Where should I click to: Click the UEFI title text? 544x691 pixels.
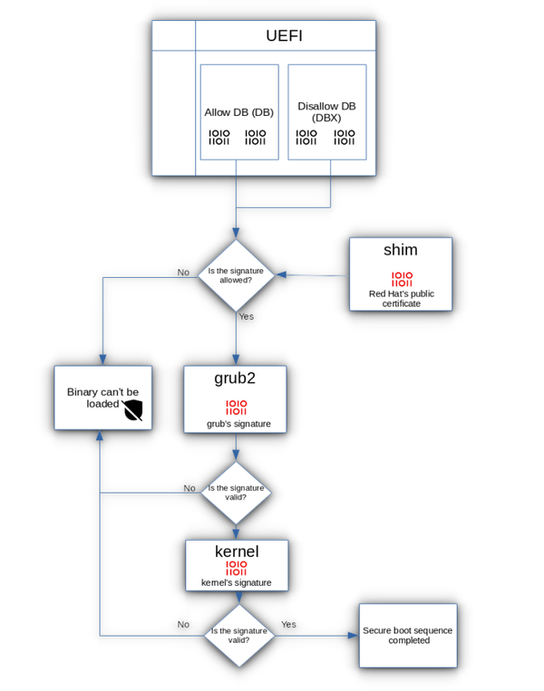pyautogui.click(x=285, y=36)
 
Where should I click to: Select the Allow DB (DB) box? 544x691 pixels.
pyautogui.click(x=238, y=111)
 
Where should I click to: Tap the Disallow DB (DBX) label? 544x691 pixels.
pyautogui.click(x=326, y=112)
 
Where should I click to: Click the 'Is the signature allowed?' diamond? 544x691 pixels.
pyautogui.click(x=236, y=275)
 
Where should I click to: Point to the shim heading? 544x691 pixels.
pyautogui.click(x=401, y=250)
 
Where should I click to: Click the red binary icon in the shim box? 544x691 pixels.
pyautogui.click(x=402, y=279)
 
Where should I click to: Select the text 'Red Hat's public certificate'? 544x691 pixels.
pyautogui.click(x=401, y=298)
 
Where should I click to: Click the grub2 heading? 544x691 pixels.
pyautogui.click(x=235, y=378)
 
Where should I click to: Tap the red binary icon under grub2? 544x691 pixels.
pyautogui.click(x=236, y=408)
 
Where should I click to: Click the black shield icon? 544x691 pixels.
pyautogui.click(x=133, y=411)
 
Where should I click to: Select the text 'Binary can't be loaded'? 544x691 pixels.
pyautogui.click(x=102, y=398)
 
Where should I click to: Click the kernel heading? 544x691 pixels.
pyautogui.click(x=237, y=552)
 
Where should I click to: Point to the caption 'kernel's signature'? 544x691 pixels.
pyautogui.click(x=236, y=582)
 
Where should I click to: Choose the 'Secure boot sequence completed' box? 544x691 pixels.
pyautogui.click(x=407, y=635)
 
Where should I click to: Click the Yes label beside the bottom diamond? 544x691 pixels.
pyautogui.click(x=288, y=624)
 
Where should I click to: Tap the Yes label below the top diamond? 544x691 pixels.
pyautogui.click(x=246, y=316)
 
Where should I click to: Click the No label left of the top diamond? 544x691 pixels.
pyautogui.click(x=183, y=272)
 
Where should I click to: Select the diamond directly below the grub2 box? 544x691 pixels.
pyautogui.click(x=236, y=493)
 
